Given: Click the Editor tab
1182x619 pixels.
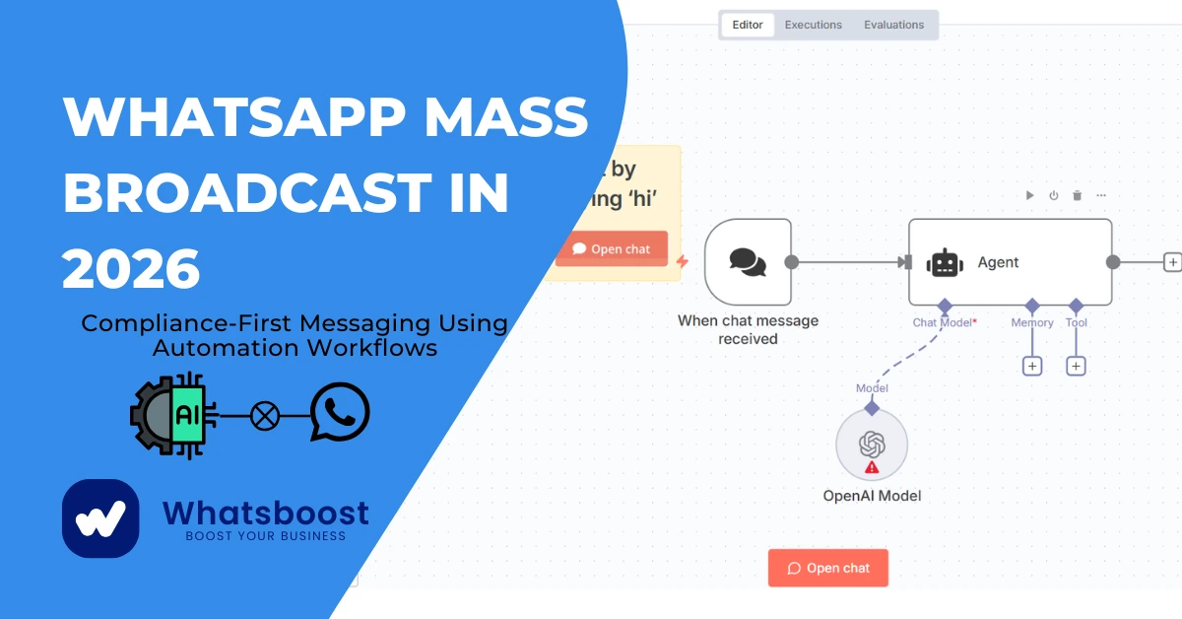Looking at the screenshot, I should click(748, 25).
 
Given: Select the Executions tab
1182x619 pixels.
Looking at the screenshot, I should click(813, 25).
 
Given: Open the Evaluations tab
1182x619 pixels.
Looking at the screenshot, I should click(893, 25).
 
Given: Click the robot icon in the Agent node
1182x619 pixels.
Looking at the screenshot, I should click(944, 262).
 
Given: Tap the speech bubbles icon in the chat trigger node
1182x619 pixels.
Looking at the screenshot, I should click(748, 261).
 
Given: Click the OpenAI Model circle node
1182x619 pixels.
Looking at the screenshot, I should click(872, 446).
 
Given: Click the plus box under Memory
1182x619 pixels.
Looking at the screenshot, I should click(1032, 366).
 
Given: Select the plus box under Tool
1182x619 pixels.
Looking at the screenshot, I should click(1077, 366).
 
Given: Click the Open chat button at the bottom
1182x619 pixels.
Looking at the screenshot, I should click(828, 568).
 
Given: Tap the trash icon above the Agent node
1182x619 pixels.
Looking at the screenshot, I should click(1077, 195).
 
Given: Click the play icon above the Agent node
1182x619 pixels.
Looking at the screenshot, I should click(1029, 195).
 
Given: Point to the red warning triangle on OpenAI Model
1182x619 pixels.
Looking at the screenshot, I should click(871, 468).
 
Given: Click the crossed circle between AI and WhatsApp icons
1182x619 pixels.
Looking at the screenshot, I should click(264, 416).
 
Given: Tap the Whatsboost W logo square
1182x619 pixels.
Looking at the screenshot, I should click(100, 518).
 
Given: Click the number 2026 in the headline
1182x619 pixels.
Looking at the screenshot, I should click(131, 268).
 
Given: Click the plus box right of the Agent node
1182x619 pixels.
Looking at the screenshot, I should click(1172, 262).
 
